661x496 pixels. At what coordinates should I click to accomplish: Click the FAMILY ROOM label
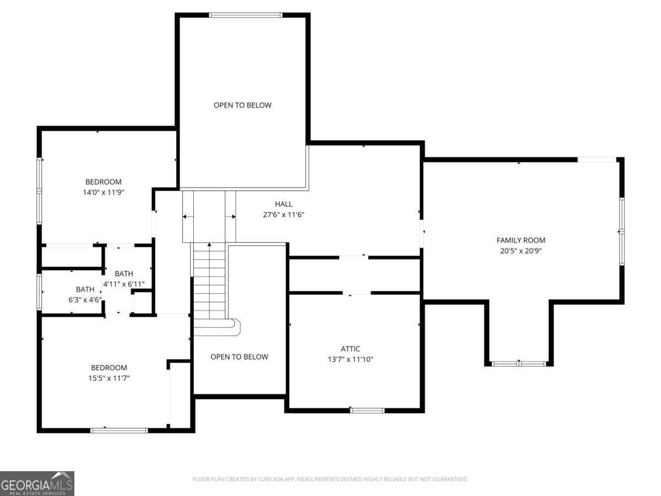(x=521, y=240)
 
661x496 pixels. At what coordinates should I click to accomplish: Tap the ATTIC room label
(x=350, y=349)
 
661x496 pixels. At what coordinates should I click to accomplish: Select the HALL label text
(x=284, y=204)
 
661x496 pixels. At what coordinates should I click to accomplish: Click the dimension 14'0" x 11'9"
(x=103, y=193)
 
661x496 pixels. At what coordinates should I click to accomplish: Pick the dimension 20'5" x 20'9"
(x=521, y=251)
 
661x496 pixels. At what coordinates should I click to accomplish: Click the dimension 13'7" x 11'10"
(x=350, y=359)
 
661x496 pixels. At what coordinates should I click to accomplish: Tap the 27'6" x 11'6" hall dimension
(x=284, y=215)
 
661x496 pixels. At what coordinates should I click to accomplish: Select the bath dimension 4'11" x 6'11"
(x=124, y=284)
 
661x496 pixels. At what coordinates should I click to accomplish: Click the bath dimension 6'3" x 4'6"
(x=85, y=300)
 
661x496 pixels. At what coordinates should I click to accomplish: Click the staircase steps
(x=209, y=281)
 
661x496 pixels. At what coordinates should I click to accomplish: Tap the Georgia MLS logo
(x=37, y=483)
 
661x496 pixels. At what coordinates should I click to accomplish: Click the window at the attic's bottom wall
(x=367, y=410)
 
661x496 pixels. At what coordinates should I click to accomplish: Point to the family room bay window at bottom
(x=518, y=364)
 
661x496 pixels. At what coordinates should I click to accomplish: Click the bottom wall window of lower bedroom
(x=119, y=430)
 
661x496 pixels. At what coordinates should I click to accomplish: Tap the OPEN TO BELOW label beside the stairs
(x=239, y=357)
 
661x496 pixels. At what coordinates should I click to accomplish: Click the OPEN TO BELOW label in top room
(x=242, y=105)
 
